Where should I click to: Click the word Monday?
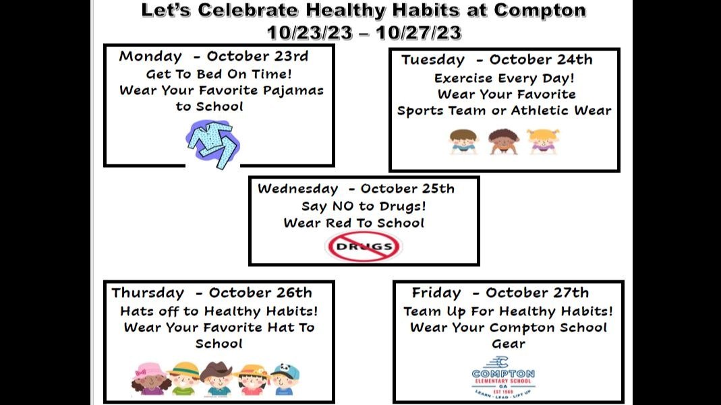(150, 56)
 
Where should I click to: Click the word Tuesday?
(432, 60)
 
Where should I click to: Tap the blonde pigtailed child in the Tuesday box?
(543, 142)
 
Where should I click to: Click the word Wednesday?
(297, 189)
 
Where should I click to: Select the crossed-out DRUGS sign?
(364, 247)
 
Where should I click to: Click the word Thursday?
(148, 293)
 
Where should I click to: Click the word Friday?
(436, 293)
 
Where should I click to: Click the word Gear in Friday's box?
(509, 344)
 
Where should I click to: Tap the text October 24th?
(541, 60)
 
